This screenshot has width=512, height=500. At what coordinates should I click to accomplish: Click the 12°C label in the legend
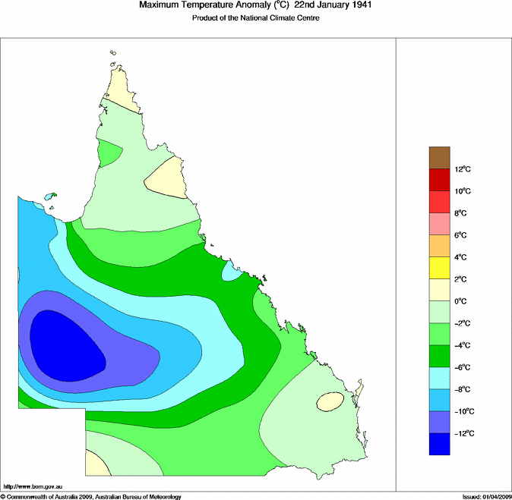click(x=465, y=168)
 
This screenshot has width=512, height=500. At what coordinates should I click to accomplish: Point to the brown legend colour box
click(x=440, y=157)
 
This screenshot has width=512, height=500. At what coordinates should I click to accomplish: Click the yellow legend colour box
click(x=440, y=268)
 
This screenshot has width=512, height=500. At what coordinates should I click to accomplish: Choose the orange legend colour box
click(x=440, y=246)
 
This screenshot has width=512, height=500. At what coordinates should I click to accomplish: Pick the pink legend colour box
click(x=440, y=224)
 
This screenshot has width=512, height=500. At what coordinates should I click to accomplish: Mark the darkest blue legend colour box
click(x=440, y=444)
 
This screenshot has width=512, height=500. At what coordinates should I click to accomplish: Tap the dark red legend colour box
click(x=440, y=180)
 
